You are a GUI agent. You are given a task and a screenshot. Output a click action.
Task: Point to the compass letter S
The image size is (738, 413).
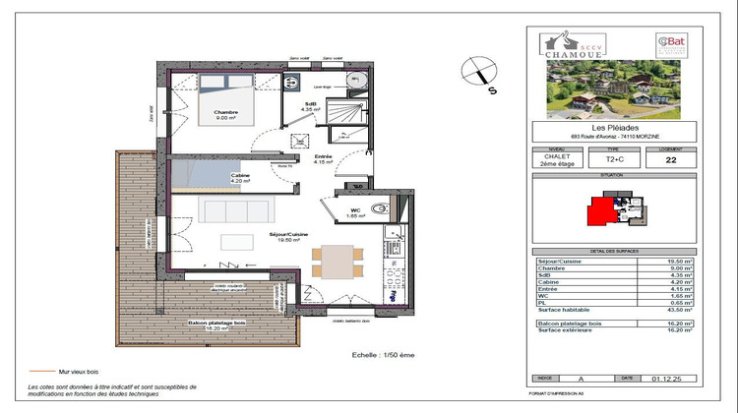pos(490,87)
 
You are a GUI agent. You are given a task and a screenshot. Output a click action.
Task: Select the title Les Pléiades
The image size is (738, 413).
pos(614,126)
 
